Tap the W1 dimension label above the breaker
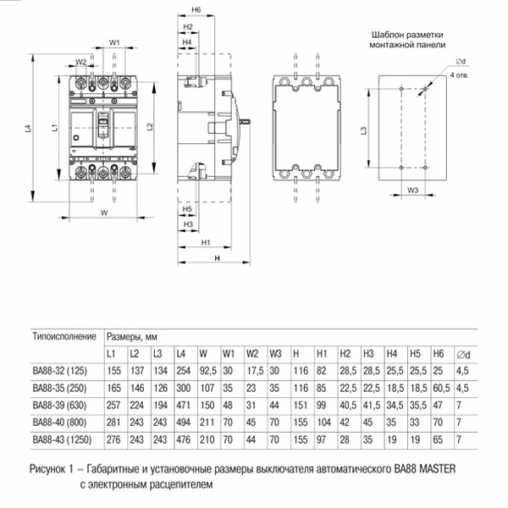(x=114, y=41)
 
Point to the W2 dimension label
(x=80, y=62)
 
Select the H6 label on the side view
(x=196, y=9)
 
